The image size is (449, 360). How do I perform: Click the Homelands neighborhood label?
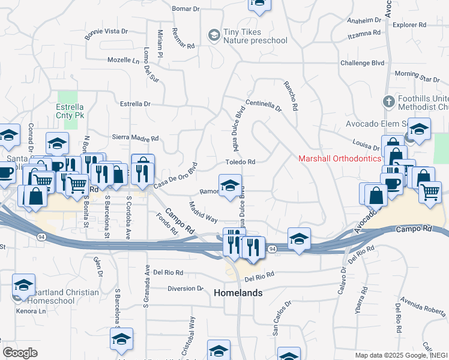(238, 293)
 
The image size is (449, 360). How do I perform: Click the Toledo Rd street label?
(241, 162)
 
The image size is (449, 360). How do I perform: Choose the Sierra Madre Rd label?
(135, 137)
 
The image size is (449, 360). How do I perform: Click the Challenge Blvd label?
(362, 62)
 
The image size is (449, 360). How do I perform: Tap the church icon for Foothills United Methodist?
(388, 101)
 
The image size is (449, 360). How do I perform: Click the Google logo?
(20, 353)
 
